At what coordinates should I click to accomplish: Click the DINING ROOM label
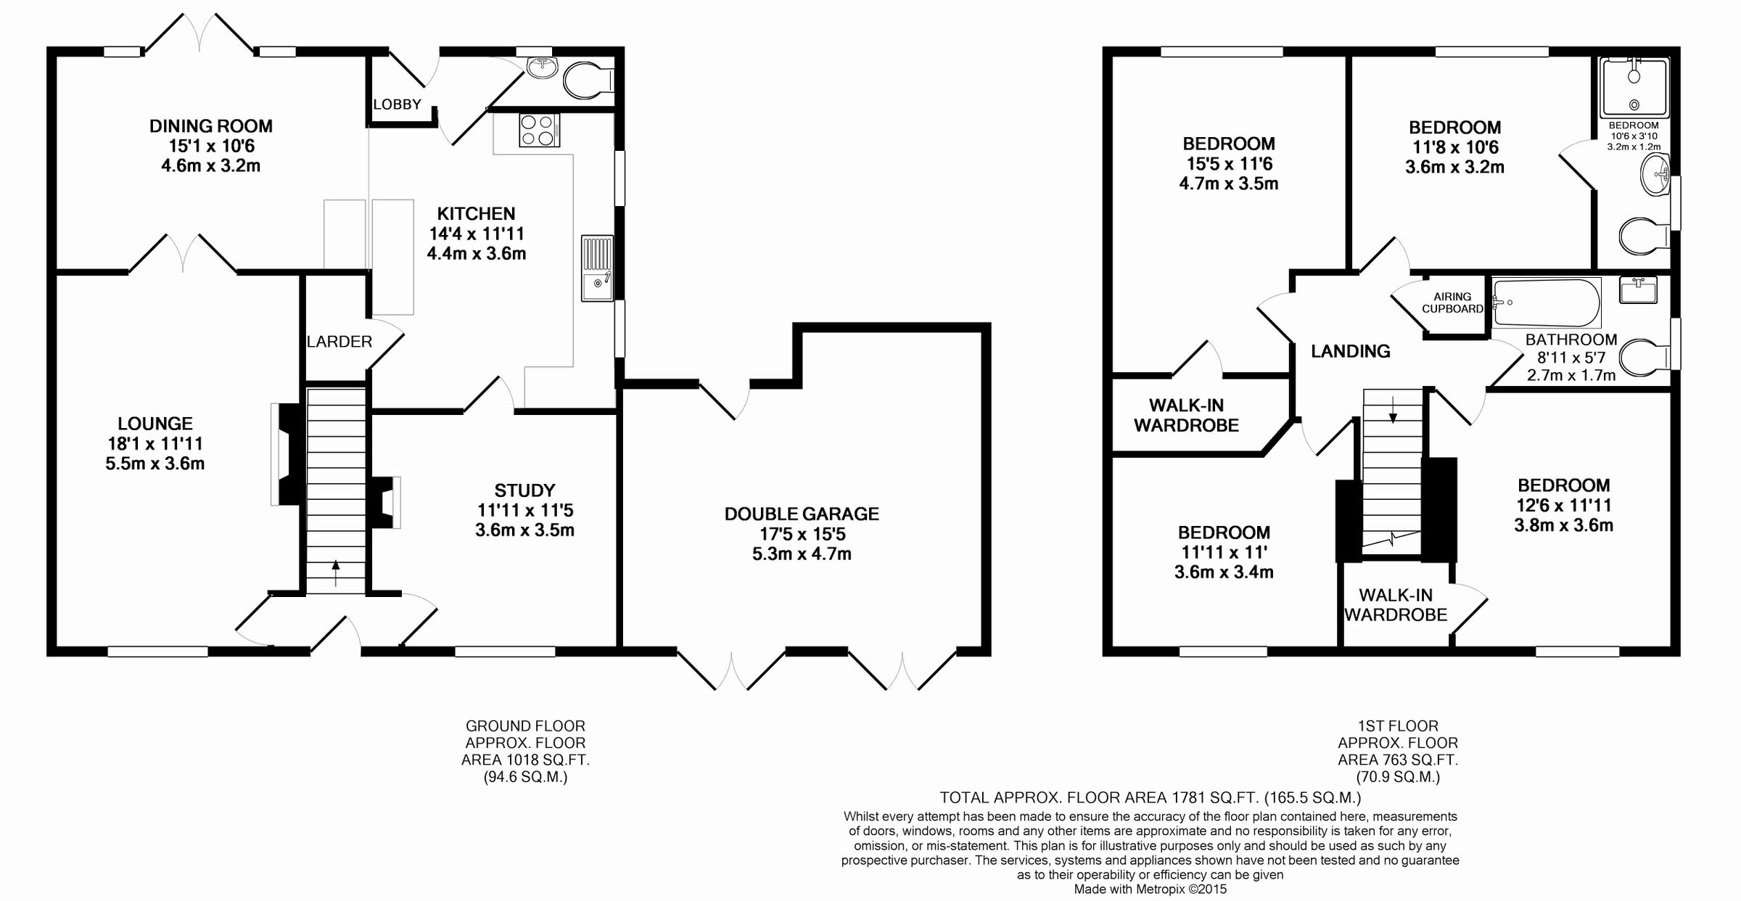(x=210, y=126)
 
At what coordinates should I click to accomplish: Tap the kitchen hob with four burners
(x=538, y=131)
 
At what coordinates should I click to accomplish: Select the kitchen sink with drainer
(x=597, y=268)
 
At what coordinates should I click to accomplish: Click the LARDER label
(x=339, y=342)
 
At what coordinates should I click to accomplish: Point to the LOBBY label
(x=397, y=104)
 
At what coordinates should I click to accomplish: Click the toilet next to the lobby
(x=589, y=80)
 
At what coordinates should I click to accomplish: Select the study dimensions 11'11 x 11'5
(x=524, y=510)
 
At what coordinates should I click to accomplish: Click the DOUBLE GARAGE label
(x=802, y=514)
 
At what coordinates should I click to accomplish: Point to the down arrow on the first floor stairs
(x=1392, y=411)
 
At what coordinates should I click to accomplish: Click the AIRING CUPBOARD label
(x=1452, y=303)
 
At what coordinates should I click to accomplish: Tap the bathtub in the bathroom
(x=1546, y=303)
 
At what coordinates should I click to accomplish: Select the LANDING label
(x=1350, y=351)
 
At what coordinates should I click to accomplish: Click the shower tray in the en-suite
(x=1634, y=87)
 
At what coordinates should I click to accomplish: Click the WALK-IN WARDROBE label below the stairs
(x=1395, y=604)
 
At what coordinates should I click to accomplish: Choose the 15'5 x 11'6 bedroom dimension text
(x=1227, y=164)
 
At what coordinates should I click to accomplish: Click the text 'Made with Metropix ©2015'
(x=1150, y=889)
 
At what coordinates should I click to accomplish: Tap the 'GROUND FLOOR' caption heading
(x=525, y=725)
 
